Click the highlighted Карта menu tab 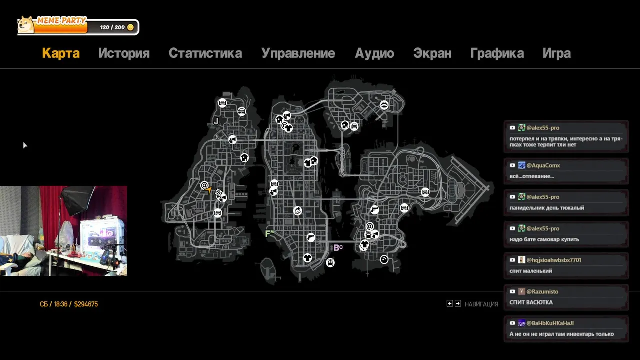click(x=61, y=53)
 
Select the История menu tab click(x=124, y=53)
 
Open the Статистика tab click(x=205, y=53)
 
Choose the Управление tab click(x=298, y=53)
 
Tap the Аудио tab click(x=374, y=53)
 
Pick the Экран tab click(x=432, y=53)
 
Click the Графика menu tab click(x=497, y=53)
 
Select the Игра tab click(x=557, y=53)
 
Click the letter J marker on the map click(x=216, y=121)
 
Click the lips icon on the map click(x=384, y=105)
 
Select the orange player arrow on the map click(x=209, y=190)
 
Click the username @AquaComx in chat click(x=543, y=165)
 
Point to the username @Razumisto click(x=542, y=291)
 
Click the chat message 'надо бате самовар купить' click(x=544, y=239)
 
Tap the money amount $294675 click(x=86, y=304)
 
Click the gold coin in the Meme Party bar click(x=130, y=27)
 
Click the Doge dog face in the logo click(x=26, y=25)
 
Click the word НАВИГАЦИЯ click(x=481, y=304)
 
